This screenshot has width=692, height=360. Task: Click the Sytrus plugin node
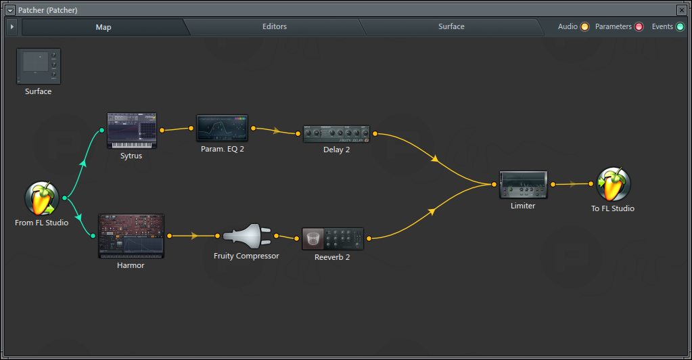coord(132,131)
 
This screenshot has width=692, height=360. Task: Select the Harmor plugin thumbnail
coord(131,236)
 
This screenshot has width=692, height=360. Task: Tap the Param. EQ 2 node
coord(222,128)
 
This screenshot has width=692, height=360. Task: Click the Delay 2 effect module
coord(336,134)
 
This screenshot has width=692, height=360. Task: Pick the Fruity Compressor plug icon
coord(246,236)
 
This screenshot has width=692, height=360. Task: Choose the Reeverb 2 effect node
coord(332,238)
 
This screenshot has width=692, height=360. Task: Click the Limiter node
coord(523,184)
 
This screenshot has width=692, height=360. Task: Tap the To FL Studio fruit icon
coord(613,184)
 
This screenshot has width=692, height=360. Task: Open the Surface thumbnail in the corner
coord(39,66)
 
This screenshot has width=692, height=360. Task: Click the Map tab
coord(103,27)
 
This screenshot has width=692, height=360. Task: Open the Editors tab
coord(275,27)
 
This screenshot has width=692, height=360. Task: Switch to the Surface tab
coord(451,27)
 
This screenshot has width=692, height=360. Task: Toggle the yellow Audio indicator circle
coord(584,27)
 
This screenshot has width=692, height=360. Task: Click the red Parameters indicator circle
coord(638,27)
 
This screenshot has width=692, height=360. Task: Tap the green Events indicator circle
coord(680,27)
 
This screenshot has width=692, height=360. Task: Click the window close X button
coord(681,10)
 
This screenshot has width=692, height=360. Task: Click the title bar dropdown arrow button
coord(10,10)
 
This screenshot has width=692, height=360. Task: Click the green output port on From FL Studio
coord(64,198)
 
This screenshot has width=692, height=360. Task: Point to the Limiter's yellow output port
coord(553,184)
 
